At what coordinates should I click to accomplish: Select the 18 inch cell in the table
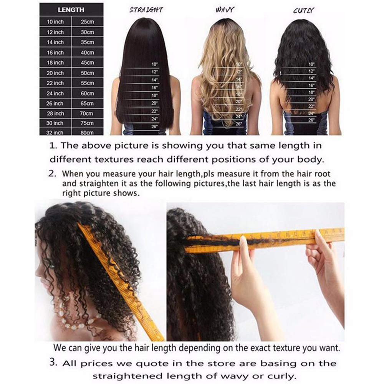click(x=55, y=63)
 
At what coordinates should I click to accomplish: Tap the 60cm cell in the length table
click(x=87, y=93)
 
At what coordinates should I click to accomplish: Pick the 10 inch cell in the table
click(x=55, y=22)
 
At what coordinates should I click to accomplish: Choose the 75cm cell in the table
click(x=87, y=123)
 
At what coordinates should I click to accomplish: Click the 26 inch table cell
click(x=55, y=103)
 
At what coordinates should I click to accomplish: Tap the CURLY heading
click(x=303, y=10)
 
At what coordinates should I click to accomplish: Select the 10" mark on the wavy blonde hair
click(x=239, y=65)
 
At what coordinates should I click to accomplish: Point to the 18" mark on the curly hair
click(x=311, y=92)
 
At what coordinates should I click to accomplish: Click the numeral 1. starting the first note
click(x=53, y=146)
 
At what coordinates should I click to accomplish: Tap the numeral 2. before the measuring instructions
click(x=53, y=173)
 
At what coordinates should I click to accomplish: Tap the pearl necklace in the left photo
click(x=77, y=315)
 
